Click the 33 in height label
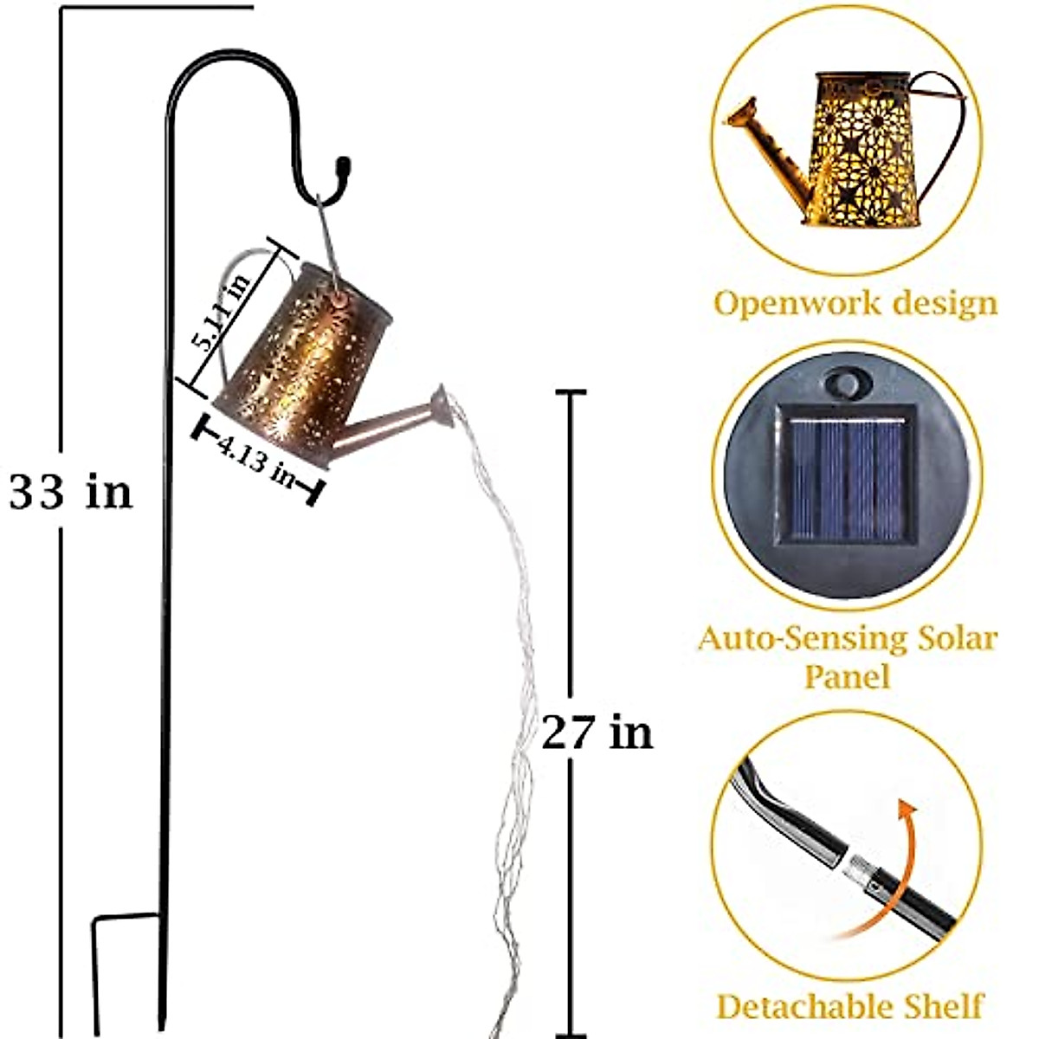pos(71,492)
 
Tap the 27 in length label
pos(597,732)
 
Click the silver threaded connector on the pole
pos(862,868)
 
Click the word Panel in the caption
pos(847,676)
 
